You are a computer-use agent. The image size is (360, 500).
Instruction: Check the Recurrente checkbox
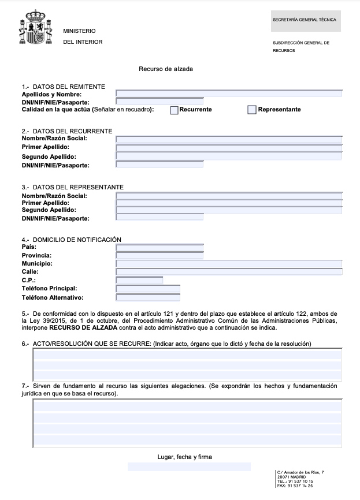point(174,110)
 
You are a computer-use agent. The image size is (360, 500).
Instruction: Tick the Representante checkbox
point(251,110)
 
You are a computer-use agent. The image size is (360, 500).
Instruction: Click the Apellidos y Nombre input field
point(229,93)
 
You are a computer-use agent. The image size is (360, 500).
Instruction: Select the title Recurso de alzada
point(166,69)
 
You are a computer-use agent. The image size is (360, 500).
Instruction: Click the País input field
point(159,248)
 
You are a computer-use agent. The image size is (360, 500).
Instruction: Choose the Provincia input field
point(159,255)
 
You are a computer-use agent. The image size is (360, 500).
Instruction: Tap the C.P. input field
point(139,281)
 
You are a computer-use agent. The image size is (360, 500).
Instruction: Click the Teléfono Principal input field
point(148,289)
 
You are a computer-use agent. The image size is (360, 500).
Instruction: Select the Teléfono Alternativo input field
point(148,298)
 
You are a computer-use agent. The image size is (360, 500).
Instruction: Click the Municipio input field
point(229,264)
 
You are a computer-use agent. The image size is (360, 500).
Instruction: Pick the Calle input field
point(229,271)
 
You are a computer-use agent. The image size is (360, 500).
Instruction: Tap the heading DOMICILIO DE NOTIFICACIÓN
point(77,240)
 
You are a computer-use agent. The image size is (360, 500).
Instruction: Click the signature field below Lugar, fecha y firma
point(189,467)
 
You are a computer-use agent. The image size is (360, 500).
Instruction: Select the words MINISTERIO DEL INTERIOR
point(83,36)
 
